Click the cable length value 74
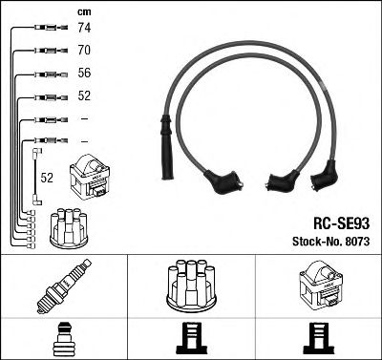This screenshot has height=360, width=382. [x=84, y=28]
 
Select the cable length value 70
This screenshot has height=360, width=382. [x=84, y=50]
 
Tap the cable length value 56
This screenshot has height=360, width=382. [x=84, y=73]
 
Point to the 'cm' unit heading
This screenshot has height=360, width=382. [x=84, y=12]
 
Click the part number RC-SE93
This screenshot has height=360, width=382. [x=342, y=223]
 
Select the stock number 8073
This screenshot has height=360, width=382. [x=356, y=242]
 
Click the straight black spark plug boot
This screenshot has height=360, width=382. [x=167, y=147]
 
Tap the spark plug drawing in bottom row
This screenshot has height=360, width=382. [x=64, y=286]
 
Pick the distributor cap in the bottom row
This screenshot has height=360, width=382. [x=191, y=286]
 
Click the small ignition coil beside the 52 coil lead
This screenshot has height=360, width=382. [x=90, y=177]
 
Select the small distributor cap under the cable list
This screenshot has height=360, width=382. [x=69, y=227]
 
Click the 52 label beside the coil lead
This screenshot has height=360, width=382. [x=47, y=178]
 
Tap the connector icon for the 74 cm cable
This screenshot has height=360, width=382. [x=51, y=28]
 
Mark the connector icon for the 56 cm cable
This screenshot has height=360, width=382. [x=51, y=74]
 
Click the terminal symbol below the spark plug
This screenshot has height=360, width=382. [x=64, y=339]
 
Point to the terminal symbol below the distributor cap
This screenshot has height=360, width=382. [x=191, y=339]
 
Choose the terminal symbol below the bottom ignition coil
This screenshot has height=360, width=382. [x=319, y=339]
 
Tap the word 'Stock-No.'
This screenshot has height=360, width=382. [x=316, y=242]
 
